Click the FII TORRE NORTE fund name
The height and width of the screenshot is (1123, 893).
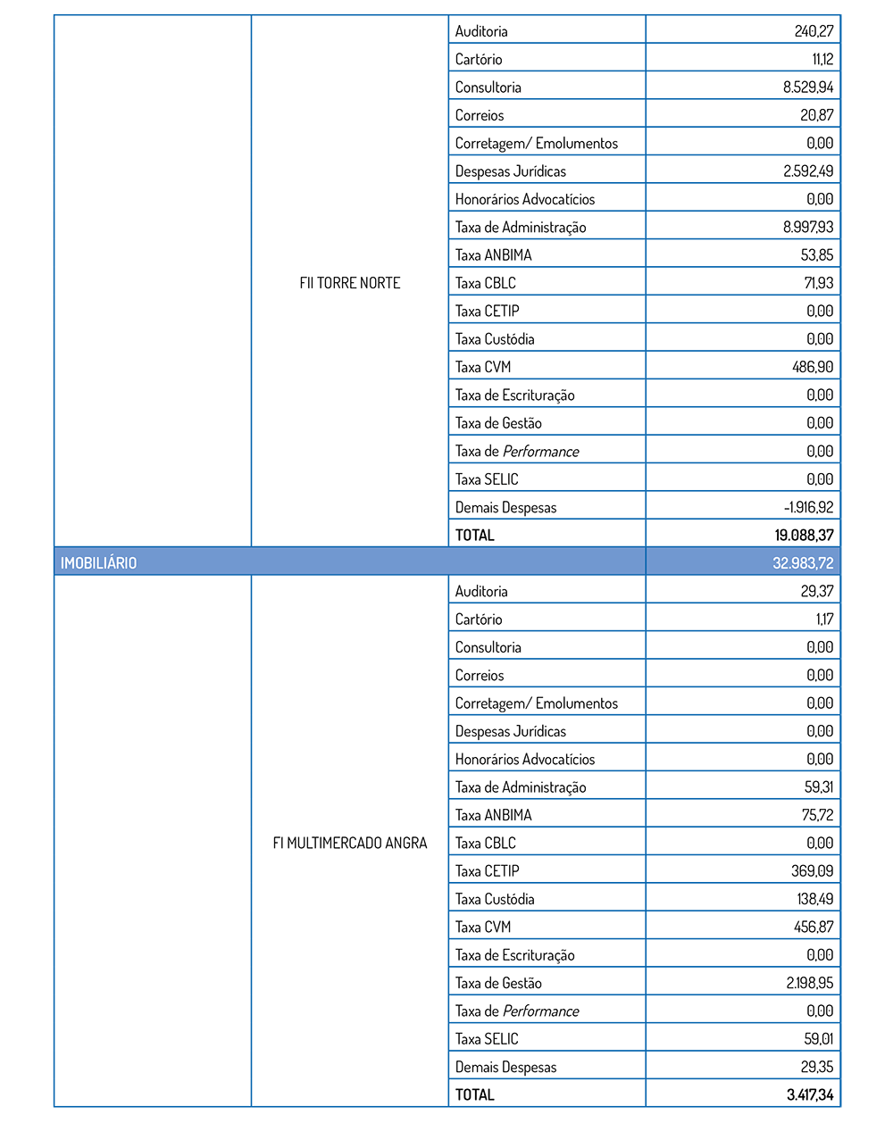click(350, 283)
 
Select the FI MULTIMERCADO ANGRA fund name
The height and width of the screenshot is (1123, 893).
click(350, 843)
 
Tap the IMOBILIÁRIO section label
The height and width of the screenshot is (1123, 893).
click(98, 563)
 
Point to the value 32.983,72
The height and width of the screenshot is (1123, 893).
click(803, 563)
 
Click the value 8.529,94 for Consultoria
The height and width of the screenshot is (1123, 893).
click(808, 87)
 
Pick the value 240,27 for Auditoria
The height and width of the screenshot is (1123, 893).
click(814, 31)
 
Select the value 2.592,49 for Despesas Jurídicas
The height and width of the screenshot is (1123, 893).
click(808, 171)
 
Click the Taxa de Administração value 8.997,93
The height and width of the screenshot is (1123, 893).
click(808, 228)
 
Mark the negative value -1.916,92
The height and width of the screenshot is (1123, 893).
click(808, 507)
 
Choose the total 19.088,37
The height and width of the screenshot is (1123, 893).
click(804, 536)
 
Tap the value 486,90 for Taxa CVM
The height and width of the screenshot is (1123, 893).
click(814, 367)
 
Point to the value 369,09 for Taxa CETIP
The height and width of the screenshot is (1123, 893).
click(812, 871)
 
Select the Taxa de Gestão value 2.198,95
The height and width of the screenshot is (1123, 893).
click(810, 983)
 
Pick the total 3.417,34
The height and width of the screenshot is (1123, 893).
click(810, 1094)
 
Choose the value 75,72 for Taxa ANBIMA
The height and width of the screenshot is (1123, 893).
click(817, 815)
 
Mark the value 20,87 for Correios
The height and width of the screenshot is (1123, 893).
click(817, 115)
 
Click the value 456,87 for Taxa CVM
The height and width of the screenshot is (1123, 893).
click(814, 927)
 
